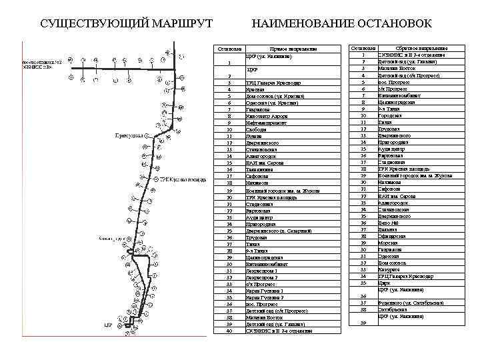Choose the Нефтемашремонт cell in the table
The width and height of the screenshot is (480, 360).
click(x=267, y=123)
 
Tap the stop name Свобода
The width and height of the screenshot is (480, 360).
click(x=256, y=129)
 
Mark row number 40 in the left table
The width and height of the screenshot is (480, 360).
click(x=229, y=331)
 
